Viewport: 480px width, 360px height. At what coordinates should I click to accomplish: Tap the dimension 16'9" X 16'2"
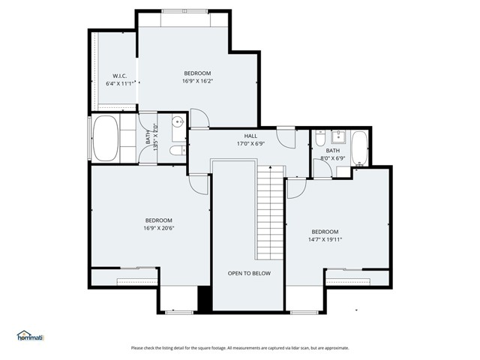click(x=197, y=81)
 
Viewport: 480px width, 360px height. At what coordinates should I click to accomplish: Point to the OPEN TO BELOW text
click(x=249, y=274)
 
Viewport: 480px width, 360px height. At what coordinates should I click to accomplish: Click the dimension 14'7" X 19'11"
click(x=325, y=240)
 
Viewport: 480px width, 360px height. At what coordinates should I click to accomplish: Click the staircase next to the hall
click(x=268, y=211)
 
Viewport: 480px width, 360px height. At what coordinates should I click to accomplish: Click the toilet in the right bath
click(x=321, y=139)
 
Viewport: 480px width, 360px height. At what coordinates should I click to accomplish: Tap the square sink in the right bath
click(x=338, y=136)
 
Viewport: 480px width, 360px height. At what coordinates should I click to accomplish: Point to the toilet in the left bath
click(x=176, y=151)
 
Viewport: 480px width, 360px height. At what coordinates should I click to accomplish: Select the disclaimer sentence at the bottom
click(x=240, y=348)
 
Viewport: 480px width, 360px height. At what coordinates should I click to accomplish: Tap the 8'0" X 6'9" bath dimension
click(x=332, y=158)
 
